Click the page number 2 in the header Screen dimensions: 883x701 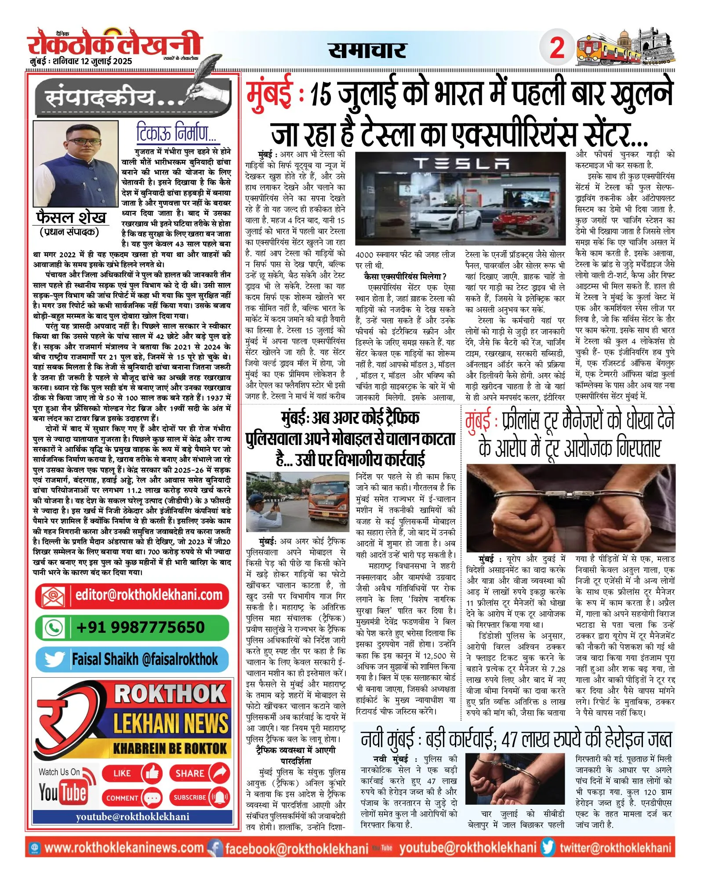coord(557,47)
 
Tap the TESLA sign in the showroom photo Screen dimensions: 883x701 coord(461,164)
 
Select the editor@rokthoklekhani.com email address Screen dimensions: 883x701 coord(149,595)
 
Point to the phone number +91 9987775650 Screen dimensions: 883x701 coord(140,627)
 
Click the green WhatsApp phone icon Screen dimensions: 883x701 coord(54,628)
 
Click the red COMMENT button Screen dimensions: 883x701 coord(131,798)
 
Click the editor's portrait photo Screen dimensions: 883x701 coord(76,164)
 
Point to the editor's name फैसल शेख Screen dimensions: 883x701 coord(71,218)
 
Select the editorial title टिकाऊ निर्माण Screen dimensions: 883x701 coord(176,132)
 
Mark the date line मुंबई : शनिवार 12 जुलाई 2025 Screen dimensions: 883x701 coord(81,61)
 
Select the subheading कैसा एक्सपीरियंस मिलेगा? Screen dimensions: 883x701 coord(405,276)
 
